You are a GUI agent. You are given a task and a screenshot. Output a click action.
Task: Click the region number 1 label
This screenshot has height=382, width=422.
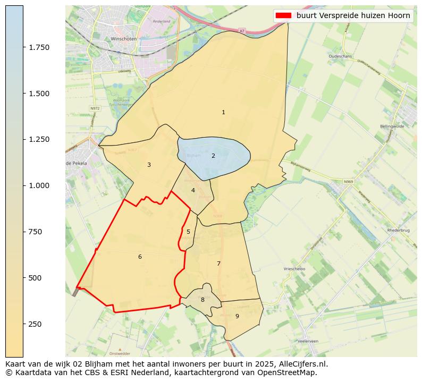pyautogui.click(x=223, y=112)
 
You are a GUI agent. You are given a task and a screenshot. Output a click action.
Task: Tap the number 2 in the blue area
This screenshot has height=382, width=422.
pyautogui.click(x=213, y=156)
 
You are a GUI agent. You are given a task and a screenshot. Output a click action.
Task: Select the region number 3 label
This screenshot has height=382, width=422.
pyautogui.click(x=149, y=165)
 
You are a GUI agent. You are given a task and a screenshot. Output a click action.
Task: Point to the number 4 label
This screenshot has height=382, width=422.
pyautogui.click(x=193, y=190)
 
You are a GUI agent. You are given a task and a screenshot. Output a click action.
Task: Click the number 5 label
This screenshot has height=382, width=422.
pyautogui.click(x=188, y=232)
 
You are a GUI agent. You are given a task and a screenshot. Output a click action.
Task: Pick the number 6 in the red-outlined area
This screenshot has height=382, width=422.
pyautogui.click(x=140, y=257)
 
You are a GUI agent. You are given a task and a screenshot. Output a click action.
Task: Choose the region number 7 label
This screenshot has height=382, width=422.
pyautogui.click(x=218, y=264)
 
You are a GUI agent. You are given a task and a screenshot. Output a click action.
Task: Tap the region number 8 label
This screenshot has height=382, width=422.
pyautogui.click(x=202, y=300)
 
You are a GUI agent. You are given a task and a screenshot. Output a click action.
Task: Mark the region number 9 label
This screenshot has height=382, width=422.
pyautogui.click(x=237, y=316)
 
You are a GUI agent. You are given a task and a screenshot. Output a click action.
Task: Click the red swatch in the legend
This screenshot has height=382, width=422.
pyautogui.click(x=283, y=16)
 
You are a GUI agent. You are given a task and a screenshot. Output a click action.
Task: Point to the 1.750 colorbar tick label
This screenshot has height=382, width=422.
pyautogui.click(x=39, y=47)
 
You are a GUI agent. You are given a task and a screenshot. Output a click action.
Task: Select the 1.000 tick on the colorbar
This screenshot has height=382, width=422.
pyautogui.click(x=39, y=185)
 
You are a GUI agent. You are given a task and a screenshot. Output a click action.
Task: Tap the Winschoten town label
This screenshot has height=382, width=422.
pyautogui.click(x=124, y=39)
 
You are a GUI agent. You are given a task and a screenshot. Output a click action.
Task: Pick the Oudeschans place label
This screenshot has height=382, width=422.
pyautogui.click(x=341, y=55)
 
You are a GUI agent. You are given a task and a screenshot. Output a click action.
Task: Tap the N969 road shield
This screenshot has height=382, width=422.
pyautogui.click(x=348, y=182)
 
